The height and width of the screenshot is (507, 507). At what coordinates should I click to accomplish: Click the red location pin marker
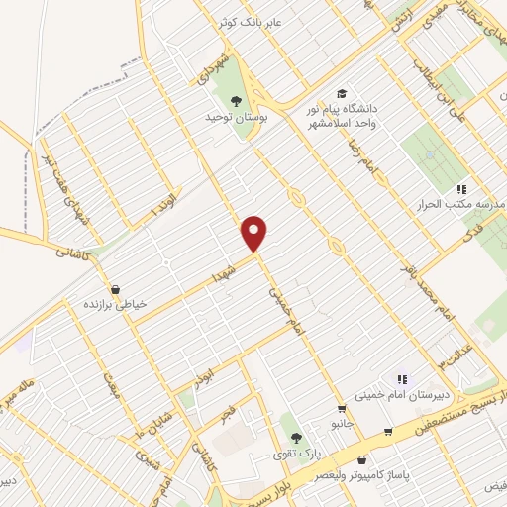[255, 233]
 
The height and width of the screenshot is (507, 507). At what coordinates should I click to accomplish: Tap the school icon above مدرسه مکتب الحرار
[460, 188]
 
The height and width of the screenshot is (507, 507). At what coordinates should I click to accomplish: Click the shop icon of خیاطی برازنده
[117, 290]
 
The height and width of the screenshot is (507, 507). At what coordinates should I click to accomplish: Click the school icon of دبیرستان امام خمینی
[402, 378]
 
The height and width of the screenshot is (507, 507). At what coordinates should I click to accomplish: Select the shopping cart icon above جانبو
[342, 408]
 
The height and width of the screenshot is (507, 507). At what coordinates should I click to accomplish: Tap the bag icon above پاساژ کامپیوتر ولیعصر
[361, 460]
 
